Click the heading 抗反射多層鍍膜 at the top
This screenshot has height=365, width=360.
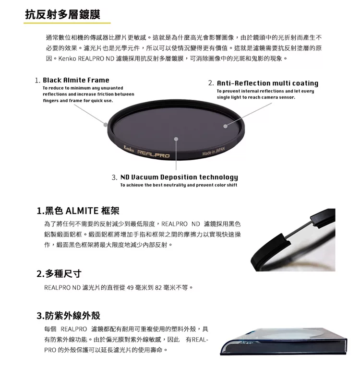click(x=62, y=14)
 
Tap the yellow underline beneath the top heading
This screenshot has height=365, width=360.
click(x=67, y=23)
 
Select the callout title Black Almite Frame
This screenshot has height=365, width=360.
click(x=76, y=80)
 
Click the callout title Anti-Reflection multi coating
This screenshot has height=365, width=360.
click(x=267, y=83)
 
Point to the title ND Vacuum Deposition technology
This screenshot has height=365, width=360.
click(x=179, y=177)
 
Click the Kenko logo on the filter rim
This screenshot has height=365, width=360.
click(x=129, y=149)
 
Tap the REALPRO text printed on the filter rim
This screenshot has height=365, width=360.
click(x=154, y=154)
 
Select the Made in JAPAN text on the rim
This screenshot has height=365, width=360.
click(x=214, y=151)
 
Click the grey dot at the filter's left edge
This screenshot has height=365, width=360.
click(x=106, y=125)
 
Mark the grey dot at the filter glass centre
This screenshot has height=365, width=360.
click(x=176, y=139)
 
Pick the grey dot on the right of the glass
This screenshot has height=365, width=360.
click(x=225, y=126)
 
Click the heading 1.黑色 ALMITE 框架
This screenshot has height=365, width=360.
click(x=78, y=211)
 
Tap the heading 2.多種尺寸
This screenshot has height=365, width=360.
click(x=59, y=273)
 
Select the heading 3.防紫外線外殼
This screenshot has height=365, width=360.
click(x=68, y=316)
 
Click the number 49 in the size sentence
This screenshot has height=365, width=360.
click(x=130, y=288)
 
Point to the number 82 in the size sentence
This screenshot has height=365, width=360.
click(x=158, y=288)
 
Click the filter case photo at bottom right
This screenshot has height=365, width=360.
click(x=283, y=341)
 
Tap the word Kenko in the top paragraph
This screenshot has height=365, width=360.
click(x=67, y=59)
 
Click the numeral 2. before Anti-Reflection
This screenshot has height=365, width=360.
click(x=211, y=83)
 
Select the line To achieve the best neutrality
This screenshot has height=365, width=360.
click(x=179, y=185)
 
